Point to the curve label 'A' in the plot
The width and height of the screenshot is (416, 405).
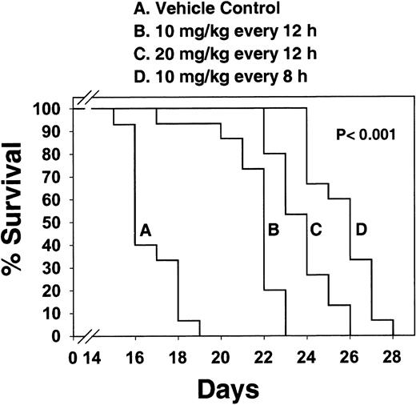(145, 230)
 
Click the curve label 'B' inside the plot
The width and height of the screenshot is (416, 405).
(274, 230)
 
